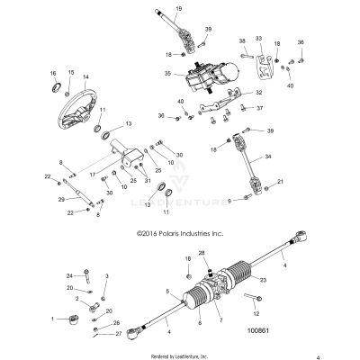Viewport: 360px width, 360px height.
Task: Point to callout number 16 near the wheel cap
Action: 54,72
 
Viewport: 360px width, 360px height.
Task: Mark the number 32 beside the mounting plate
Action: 259,92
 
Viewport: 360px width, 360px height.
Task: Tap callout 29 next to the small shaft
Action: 61,198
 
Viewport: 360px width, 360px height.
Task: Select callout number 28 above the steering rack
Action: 202,253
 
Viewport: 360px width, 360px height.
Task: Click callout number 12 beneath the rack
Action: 256,313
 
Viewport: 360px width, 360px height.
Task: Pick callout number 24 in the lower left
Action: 68,275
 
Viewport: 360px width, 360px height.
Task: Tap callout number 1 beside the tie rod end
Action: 54,319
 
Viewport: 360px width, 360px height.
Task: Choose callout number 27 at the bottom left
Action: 117,334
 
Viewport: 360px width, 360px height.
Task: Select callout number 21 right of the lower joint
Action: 280,182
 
